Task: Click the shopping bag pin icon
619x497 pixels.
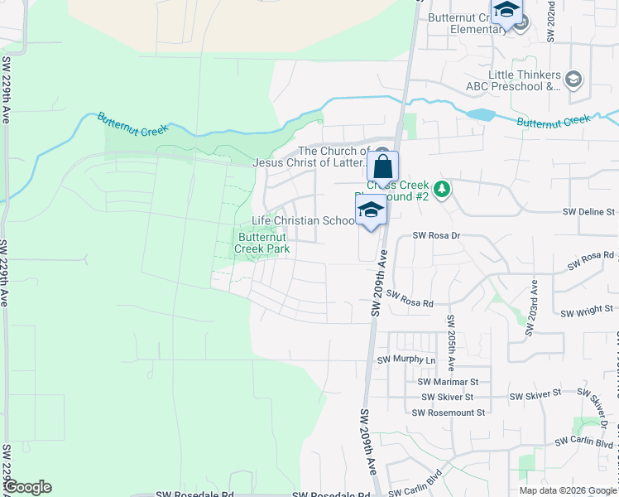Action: (x=383, y=163)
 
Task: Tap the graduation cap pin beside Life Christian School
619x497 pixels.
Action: (x=372, y=212)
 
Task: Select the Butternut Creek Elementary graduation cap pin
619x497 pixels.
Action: (x=506, y=12)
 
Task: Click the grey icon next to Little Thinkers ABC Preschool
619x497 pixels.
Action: (x=573, y=80)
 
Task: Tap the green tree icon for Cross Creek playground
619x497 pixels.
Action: (x=443, y=190)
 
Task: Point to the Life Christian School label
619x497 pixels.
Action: (x=303, y=221)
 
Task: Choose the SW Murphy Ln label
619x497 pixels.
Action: (x=406, y=360)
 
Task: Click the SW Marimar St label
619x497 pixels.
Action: (x=449, y=382)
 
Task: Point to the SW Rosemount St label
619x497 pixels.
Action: (x=452, y=412)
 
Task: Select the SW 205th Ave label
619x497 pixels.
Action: (x=451, y=341)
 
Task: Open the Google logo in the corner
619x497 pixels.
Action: (x=27, y=487)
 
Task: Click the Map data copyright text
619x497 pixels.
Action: (x=568, y=490)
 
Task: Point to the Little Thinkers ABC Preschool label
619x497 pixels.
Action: (x=525, y=80)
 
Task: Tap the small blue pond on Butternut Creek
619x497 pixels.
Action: (x=479, y=114)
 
